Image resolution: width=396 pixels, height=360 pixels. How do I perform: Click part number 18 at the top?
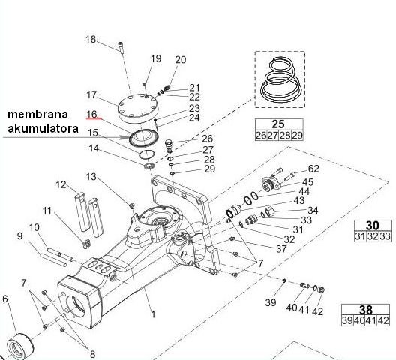coord(112,39)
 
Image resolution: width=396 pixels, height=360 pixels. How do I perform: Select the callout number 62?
coord(313,169)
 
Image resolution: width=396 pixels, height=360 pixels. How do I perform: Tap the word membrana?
coord(38,115)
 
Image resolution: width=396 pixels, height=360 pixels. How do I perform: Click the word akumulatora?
coord(42,129)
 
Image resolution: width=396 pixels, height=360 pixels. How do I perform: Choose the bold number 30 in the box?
coord(372,225)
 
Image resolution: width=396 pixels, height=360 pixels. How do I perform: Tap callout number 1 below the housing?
coord(154,314)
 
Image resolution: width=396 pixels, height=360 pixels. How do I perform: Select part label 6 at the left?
coord(5,300)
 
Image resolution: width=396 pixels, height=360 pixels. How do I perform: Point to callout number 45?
coord(307,181)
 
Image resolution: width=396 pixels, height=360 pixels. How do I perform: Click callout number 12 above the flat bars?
coord(61,184)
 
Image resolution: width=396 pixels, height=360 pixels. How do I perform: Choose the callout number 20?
coord(180,60)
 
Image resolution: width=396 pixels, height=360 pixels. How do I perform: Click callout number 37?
coord(281,248)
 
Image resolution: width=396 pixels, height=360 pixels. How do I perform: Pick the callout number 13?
coord(91,177)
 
